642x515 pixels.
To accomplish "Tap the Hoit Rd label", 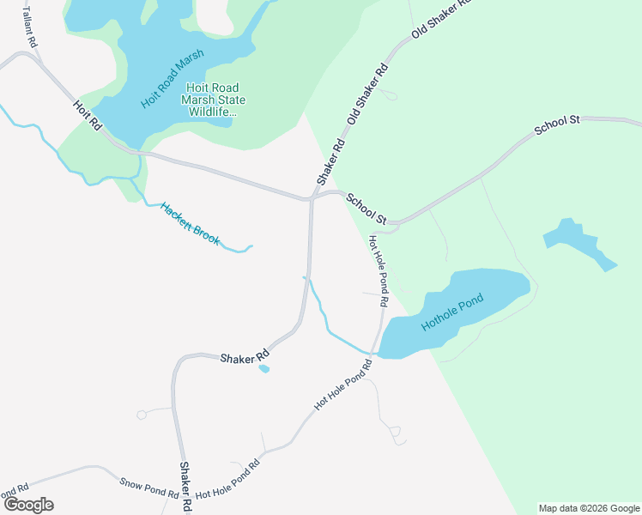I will coord(88,115).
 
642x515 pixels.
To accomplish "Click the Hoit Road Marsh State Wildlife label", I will coord(212,100).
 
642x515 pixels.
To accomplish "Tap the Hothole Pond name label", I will coord(452,312).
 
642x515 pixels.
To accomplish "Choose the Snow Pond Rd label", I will coord(148,488).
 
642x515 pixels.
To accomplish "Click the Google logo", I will coord(27,505).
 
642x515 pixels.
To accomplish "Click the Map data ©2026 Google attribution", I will coord(590,508).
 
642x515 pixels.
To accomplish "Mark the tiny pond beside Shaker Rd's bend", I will coord(263,369).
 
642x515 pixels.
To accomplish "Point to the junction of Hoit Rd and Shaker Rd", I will coord(311,198).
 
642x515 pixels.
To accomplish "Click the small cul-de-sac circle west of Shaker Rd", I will coord(142,415).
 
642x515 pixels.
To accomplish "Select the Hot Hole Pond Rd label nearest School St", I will coord(379,271).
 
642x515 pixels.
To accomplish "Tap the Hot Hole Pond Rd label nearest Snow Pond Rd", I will coord(227,482).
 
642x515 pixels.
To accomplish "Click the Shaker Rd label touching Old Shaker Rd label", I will coord(330,162).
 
